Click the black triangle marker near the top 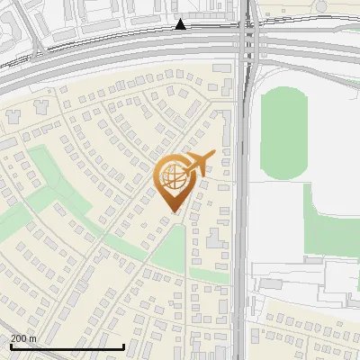[x=181, y=24]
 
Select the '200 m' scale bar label [x=24, y=338]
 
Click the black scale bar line [x=67, y=346]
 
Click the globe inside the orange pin [x=174, y=175]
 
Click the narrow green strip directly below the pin [x=170, y=247]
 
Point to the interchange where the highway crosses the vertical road [x=247, y=49]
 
